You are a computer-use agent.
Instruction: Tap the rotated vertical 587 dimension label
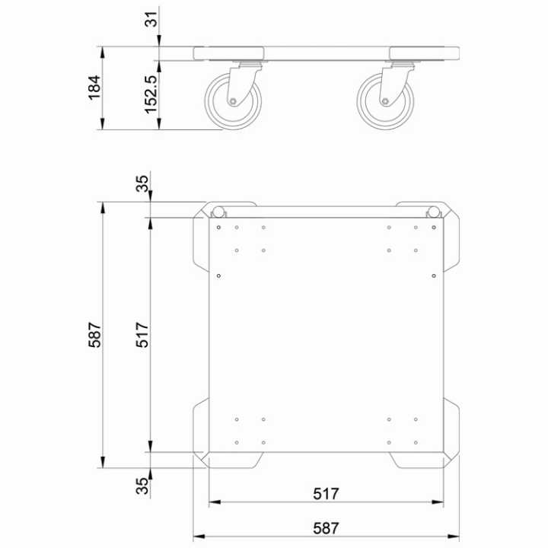click(x=95, y=336)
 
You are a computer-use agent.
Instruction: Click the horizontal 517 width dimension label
click(x=325, y=493)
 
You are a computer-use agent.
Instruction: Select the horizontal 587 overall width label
click(x=325, y=527)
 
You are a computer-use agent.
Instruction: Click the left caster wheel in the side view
click(x=234, y=100)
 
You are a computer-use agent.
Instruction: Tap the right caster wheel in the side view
click(x=386, y=100)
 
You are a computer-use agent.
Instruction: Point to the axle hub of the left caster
click(x=231, y=102)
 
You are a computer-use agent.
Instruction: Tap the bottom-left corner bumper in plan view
click(x=201, y=430)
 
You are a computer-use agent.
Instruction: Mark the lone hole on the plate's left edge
click(x=218, y=276)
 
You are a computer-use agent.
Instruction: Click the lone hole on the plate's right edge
click(x=433, y=276)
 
